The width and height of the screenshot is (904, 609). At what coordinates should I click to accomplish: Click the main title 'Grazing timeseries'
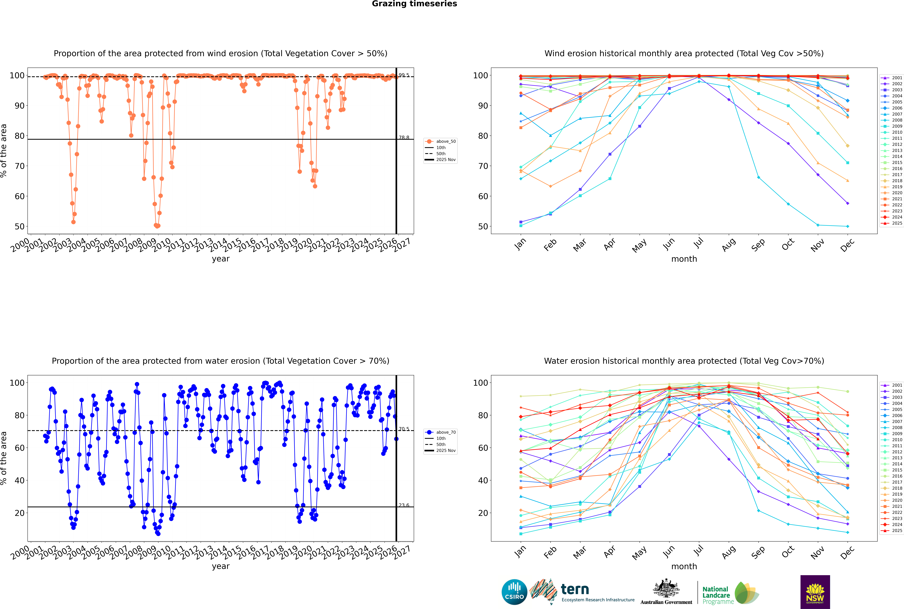click(x=414, y=4)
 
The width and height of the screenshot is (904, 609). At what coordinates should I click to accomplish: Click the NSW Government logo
click(x=815, y=592)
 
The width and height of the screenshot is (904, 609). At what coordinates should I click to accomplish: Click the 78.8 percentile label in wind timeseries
click(x=404, y=137)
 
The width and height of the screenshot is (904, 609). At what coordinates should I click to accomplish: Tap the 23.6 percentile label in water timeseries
click(x=404, y=505)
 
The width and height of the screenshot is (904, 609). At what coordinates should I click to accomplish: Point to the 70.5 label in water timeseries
click(x=404, y=429)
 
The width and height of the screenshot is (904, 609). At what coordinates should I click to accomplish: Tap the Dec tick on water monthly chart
click(x=847, y=552)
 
